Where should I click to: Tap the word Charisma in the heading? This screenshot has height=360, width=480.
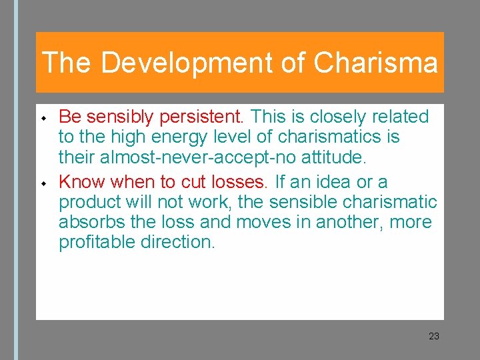375,63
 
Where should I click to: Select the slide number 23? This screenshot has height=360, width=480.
434,336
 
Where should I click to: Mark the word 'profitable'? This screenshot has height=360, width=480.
97,242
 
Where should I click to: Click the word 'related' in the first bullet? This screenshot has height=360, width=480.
401,117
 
